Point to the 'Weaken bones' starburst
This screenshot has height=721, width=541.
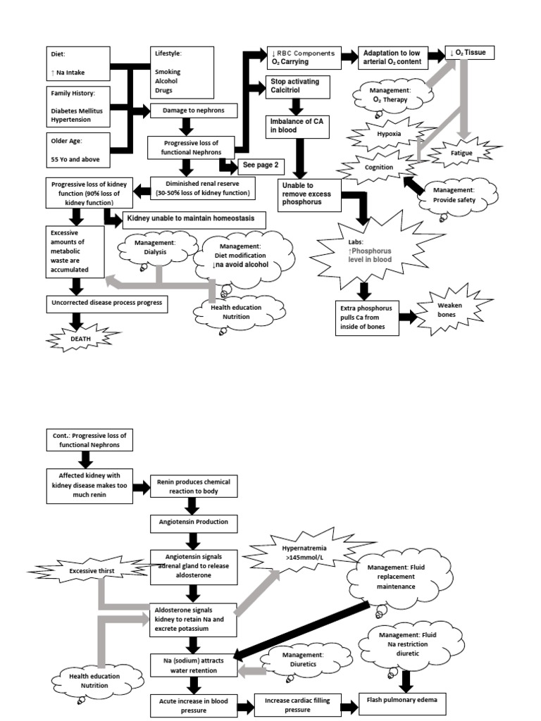click(x=449, y=310)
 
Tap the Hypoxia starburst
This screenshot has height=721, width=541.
click(x=388, y=133)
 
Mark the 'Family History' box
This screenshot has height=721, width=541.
click(x=79, y=105)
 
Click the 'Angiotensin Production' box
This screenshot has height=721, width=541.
click(x=194, y=523)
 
